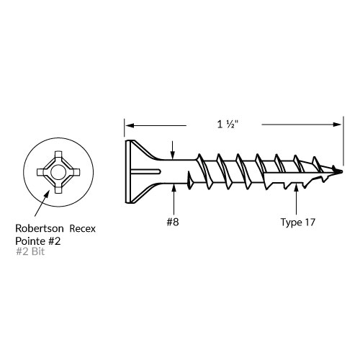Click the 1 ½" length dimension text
point(228,125)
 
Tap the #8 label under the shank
point(173,222)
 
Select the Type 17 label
point(298,222)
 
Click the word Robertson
point(40,228)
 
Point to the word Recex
point(83,229)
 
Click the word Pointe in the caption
point(30,241)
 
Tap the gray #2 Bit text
point(30,251)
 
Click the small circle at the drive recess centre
point(57,172)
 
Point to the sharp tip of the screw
point(341,171)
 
